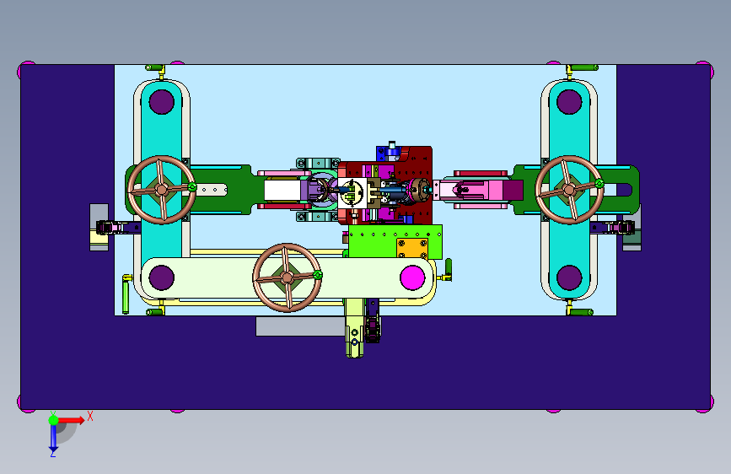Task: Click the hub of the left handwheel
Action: [x=162, y=190]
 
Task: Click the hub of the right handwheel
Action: [x=569, y=190]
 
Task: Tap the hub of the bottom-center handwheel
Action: [x=288, y=277]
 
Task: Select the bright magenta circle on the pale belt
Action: [x=412, y=277]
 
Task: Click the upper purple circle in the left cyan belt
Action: [x=162, y=102]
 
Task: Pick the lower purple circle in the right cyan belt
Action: [x=569, y=277]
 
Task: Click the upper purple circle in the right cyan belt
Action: [x=569, y=102]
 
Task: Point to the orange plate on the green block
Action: [x=412, y=248]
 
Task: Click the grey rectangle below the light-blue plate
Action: [x=301, y=326]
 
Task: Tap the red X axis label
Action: [x=90, y=416]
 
